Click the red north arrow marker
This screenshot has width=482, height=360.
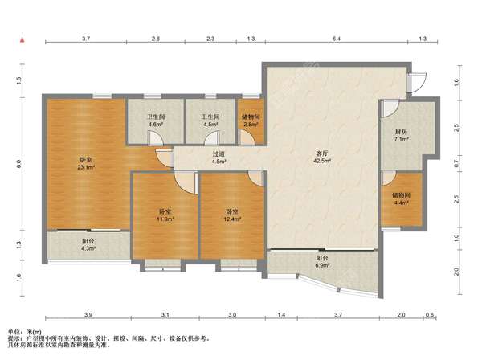click(x=22, y=40)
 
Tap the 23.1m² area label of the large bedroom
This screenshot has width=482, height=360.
click(x=86, y=168)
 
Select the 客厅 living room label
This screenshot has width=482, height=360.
click(x=321, y=153)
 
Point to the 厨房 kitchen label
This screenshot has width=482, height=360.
click(x=401, y=132)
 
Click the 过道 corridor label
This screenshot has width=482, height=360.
click(x=219, y=154)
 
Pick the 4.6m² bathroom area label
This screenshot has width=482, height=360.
click(x=156, y=125)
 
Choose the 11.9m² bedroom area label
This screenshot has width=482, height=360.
click(x=165, y=219)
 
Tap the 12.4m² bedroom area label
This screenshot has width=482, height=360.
click(x=232, y=219)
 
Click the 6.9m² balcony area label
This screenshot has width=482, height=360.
click(x=322, y=265)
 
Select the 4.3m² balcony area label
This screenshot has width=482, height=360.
click(x=88, y=248)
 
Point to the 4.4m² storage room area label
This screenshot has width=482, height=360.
click(x=401, y=202)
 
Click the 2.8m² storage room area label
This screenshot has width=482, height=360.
click(x=251, y=125)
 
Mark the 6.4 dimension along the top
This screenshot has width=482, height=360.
click(x=337, y=39)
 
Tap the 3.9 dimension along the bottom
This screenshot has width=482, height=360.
click(x=88, y=314)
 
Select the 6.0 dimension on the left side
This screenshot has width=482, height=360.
click(x=19, y=164)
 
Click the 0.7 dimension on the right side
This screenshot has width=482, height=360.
click(x=456, y=163)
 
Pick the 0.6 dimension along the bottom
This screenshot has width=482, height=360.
click(x=430, y=314)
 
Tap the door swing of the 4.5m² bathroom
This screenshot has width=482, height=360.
click(x=212, y=138)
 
